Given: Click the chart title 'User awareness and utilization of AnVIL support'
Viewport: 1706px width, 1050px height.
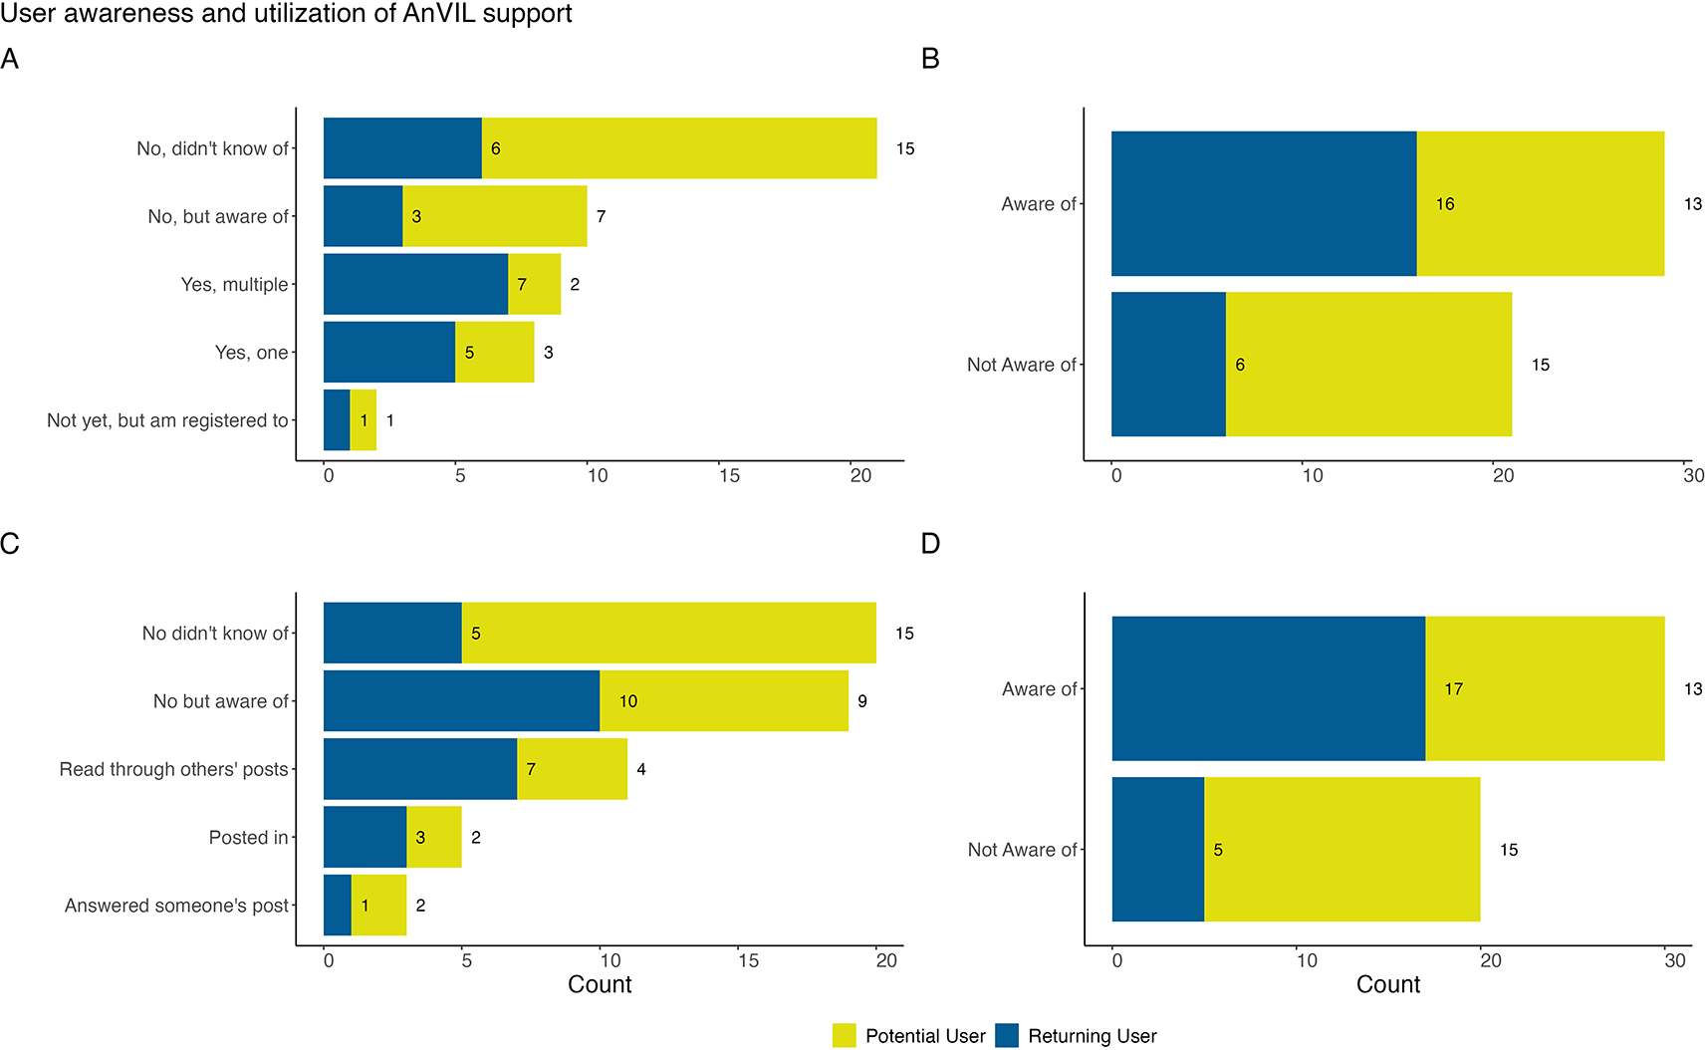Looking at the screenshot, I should pos(286,14).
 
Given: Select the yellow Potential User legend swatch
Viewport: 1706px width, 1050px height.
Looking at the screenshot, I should pos(844,1036).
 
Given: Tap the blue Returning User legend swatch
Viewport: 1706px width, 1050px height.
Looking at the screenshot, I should pos(1007,1036).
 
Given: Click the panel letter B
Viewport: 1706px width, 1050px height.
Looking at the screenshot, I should pos(930,60).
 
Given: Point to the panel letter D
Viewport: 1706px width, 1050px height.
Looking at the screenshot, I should pos(930,544).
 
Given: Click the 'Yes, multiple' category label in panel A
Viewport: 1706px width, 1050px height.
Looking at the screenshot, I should pos(234,285).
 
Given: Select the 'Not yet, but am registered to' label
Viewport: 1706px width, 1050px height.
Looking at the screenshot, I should pos(167,420).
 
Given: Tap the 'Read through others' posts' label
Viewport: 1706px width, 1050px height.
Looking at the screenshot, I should pos(173,769).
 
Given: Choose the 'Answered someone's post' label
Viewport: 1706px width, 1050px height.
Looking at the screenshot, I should pos(176,906).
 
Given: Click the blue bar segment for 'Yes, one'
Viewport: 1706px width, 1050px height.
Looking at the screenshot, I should pos(389,352).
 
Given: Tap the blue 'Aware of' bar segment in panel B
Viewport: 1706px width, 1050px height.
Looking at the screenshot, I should pos(1263,203).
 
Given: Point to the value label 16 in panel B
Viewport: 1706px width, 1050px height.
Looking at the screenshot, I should pos(1445,204).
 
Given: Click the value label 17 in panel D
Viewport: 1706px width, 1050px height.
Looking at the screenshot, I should pos(1453,689).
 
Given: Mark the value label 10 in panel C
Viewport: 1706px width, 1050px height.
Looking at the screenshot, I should pos(628,701).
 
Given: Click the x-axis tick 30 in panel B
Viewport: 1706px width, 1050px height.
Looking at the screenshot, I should pos(1693,476).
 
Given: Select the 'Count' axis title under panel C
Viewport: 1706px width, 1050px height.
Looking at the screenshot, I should pos(600,984).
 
